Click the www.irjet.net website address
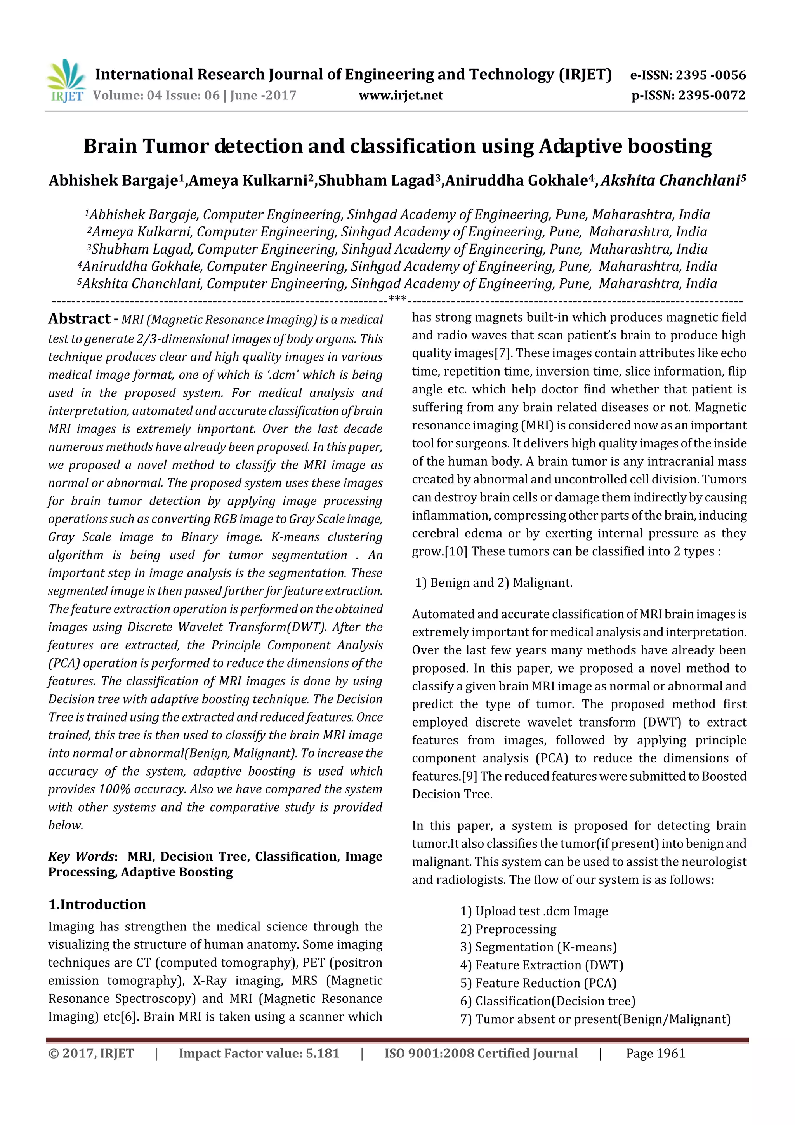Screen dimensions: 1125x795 pyautogui.click(x=400, y=96)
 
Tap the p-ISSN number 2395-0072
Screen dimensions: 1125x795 pyautogui.click(x=712, y=96)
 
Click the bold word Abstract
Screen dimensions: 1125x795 pyautogui.click(x=79, y=319)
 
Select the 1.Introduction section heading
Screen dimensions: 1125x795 pyautogui.click(x=97, y=904)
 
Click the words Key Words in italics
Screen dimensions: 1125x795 pyautogui.click(x=81, y=857)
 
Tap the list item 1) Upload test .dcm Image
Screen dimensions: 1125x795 pyautogui.click(x=534, y=911)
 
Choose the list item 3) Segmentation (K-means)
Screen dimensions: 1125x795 pyautogui.click(x=538, y=947)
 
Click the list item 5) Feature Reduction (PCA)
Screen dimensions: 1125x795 pyautogui.click(x=538, y=983)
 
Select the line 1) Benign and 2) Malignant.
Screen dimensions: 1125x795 pyautogui.click(x=493, y=582)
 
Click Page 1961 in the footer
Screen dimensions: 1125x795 pyautogui.click(x=655, y=1054)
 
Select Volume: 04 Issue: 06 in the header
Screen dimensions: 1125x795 pyautogui.click(x=156, y=96)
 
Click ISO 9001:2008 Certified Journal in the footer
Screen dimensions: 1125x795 pyautogui.click(x=481, y=1054)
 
